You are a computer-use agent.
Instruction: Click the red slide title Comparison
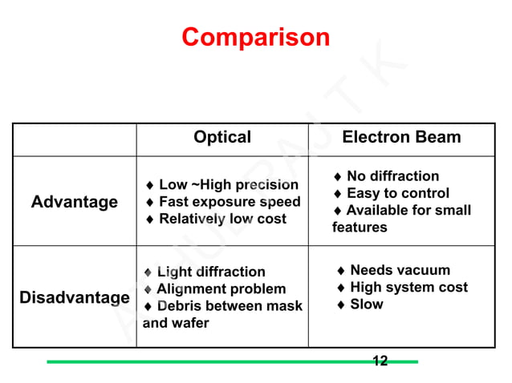point(255,37)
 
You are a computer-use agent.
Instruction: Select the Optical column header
point(222,137)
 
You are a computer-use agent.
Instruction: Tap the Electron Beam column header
point(401,137)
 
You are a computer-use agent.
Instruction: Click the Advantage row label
point(74,202)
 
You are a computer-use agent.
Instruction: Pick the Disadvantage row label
point(74,298)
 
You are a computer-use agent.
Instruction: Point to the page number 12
point(380,361)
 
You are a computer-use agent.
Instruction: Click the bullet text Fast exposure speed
point(230,202)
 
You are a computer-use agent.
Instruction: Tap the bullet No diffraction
point(392,176)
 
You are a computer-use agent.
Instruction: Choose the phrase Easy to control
point(397,193)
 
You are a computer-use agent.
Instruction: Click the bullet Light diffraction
point(210,272)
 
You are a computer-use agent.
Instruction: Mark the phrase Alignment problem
point(221,289)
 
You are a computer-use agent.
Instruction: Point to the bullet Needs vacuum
point(400,270)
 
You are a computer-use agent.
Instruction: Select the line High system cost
point(408,287)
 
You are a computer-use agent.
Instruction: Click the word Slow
point(367,304)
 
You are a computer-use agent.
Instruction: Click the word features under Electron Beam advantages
point(360,227)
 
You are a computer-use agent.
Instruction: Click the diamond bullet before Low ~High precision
point(150,185)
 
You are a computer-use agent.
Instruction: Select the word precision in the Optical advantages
point(266,185)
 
